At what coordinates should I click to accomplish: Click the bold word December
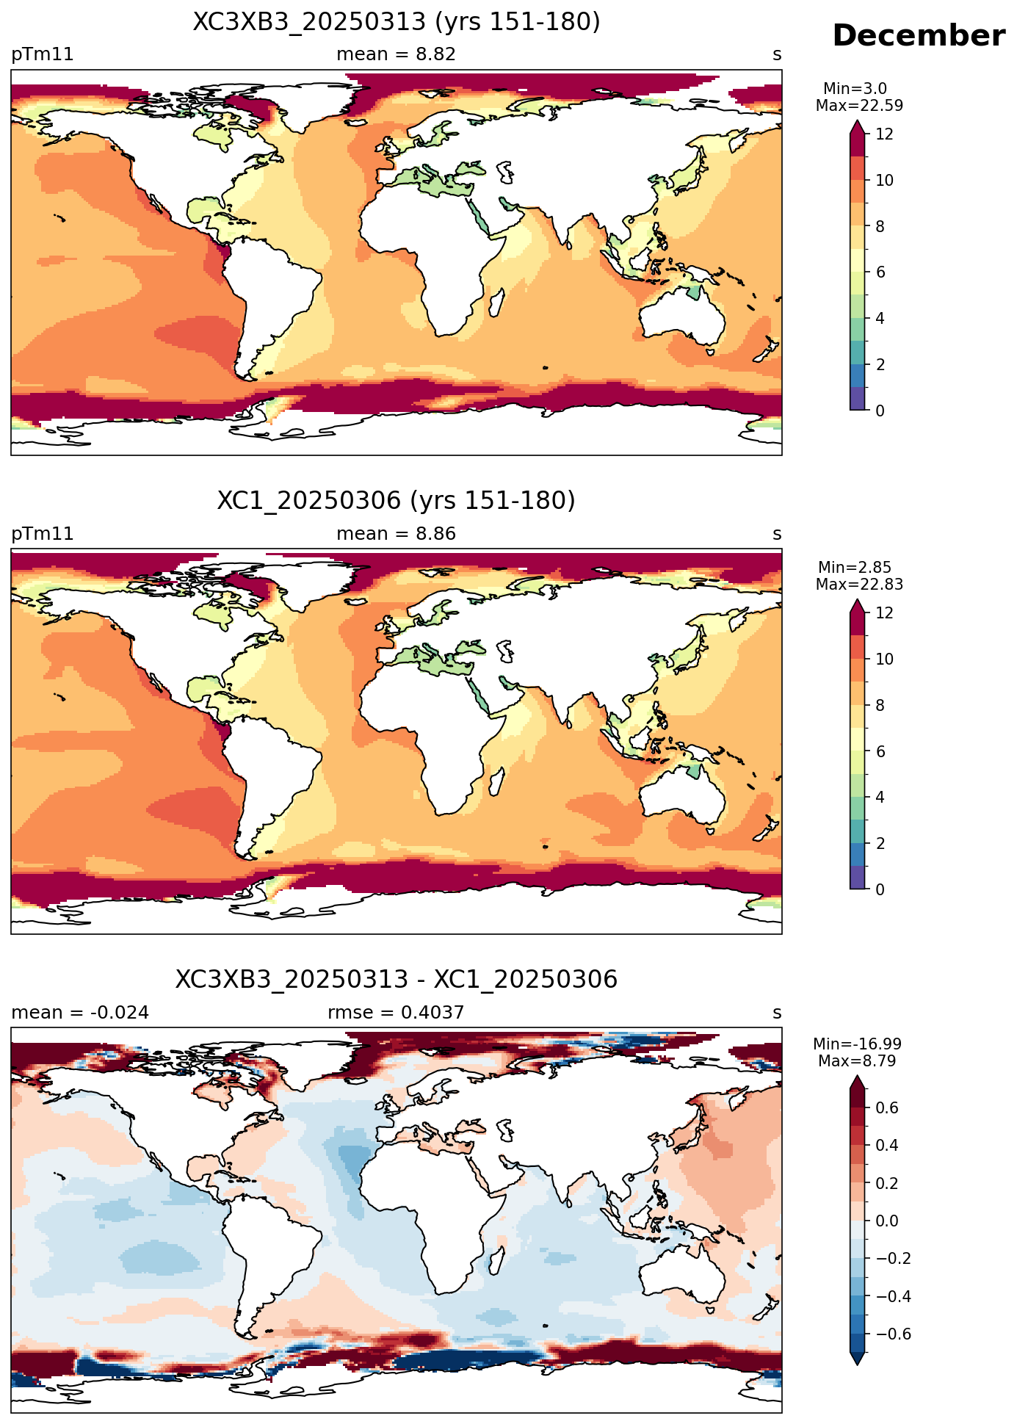[919, 36]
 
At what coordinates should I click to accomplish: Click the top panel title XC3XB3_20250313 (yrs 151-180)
[397, 22]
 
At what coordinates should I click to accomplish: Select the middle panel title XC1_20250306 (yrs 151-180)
[397, 501]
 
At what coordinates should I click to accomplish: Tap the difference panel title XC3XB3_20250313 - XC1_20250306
[397, 980]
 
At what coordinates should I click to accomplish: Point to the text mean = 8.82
[396, 54]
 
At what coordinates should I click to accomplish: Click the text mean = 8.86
[396, 534]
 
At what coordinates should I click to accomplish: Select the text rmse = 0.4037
[396, 1013]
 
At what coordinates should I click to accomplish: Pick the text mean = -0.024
[80, 1013]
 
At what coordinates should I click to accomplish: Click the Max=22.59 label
[859, 106]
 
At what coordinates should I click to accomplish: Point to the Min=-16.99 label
[857, 1044]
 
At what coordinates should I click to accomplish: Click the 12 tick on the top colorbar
[885, 134]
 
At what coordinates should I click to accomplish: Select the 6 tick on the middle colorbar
[880, 752]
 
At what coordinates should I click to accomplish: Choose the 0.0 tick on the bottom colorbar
[887, 1221]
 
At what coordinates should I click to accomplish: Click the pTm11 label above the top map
[43, 54]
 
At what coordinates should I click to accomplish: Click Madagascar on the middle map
[496, 781]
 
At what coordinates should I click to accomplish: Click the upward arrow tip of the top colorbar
[857, 121]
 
